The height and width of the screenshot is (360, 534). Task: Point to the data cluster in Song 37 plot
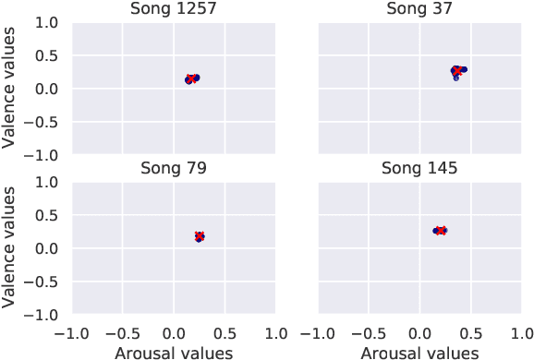click(457, 71)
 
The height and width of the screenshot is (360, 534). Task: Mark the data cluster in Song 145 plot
click(440, 230)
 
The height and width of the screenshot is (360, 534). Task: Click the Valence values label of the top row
click(10, 88)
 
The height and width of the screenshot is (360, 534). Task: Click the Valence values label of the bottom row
click(10, 247)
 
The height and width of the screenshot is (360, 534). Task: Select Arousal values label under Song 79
click(173, 352)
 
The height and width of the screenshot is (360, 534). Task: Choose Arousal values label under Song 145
click(419, 352)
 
